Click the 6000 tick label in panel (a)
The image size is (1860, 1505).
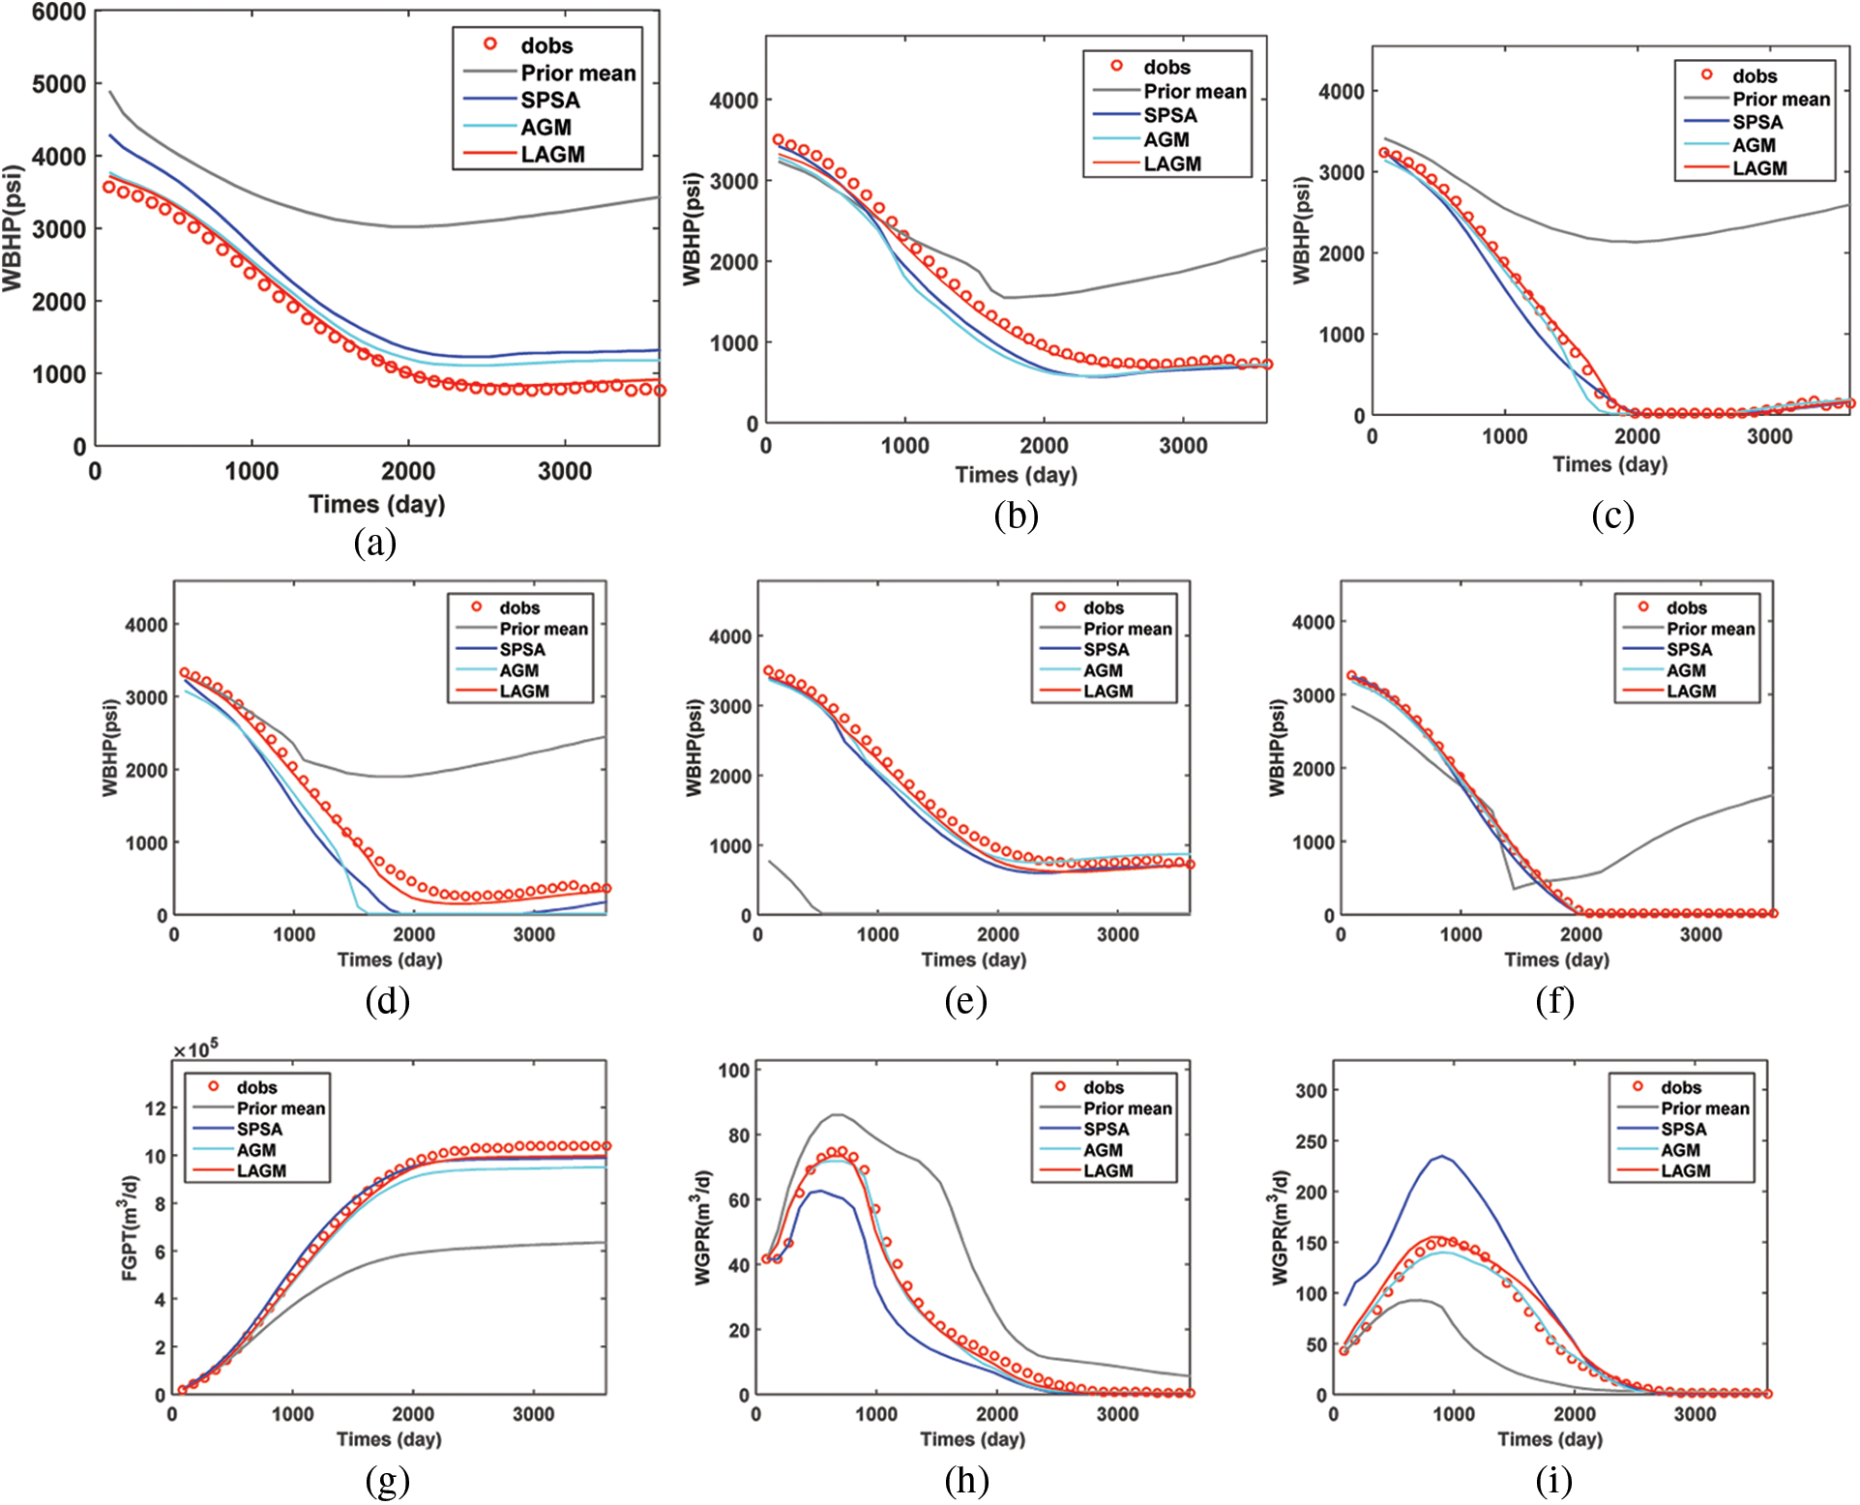58,13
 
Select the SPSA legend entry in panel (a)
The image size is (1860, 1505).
549,101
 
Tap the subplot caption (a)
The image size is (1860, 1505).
375,543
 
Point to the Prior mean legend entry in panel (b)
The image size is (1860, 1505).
1195,92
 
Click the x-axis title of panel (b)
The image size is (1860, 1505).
1016,475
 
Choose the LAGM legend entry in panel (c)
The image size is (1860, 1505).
1758,168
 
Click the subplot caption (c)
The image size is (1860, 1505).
1612,516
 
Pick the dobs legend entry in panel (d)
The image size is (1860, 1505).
518,607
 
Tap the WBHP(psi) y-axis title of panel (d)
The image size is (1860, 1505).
110,747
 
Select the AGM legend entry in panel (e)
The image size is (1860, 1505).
1103,670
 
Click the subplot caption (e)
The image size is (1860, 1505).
965,1001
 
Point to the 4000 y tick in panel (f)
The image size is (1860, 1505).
1313,623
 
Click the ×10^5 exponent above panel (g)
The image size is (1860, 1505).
195,1050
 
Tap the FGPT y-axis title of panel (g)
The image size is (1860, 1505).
130,1228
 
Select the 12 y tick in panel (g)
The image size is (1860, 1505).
155,1108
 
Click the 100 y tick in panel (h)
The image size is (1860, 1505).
734,1071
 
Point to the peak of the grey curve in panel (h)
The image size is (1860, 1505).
838,1114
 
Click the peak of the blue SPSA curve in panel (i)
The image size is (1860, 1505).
1442,1156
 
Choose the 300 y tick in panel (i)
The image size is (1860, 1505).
1311,1091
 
